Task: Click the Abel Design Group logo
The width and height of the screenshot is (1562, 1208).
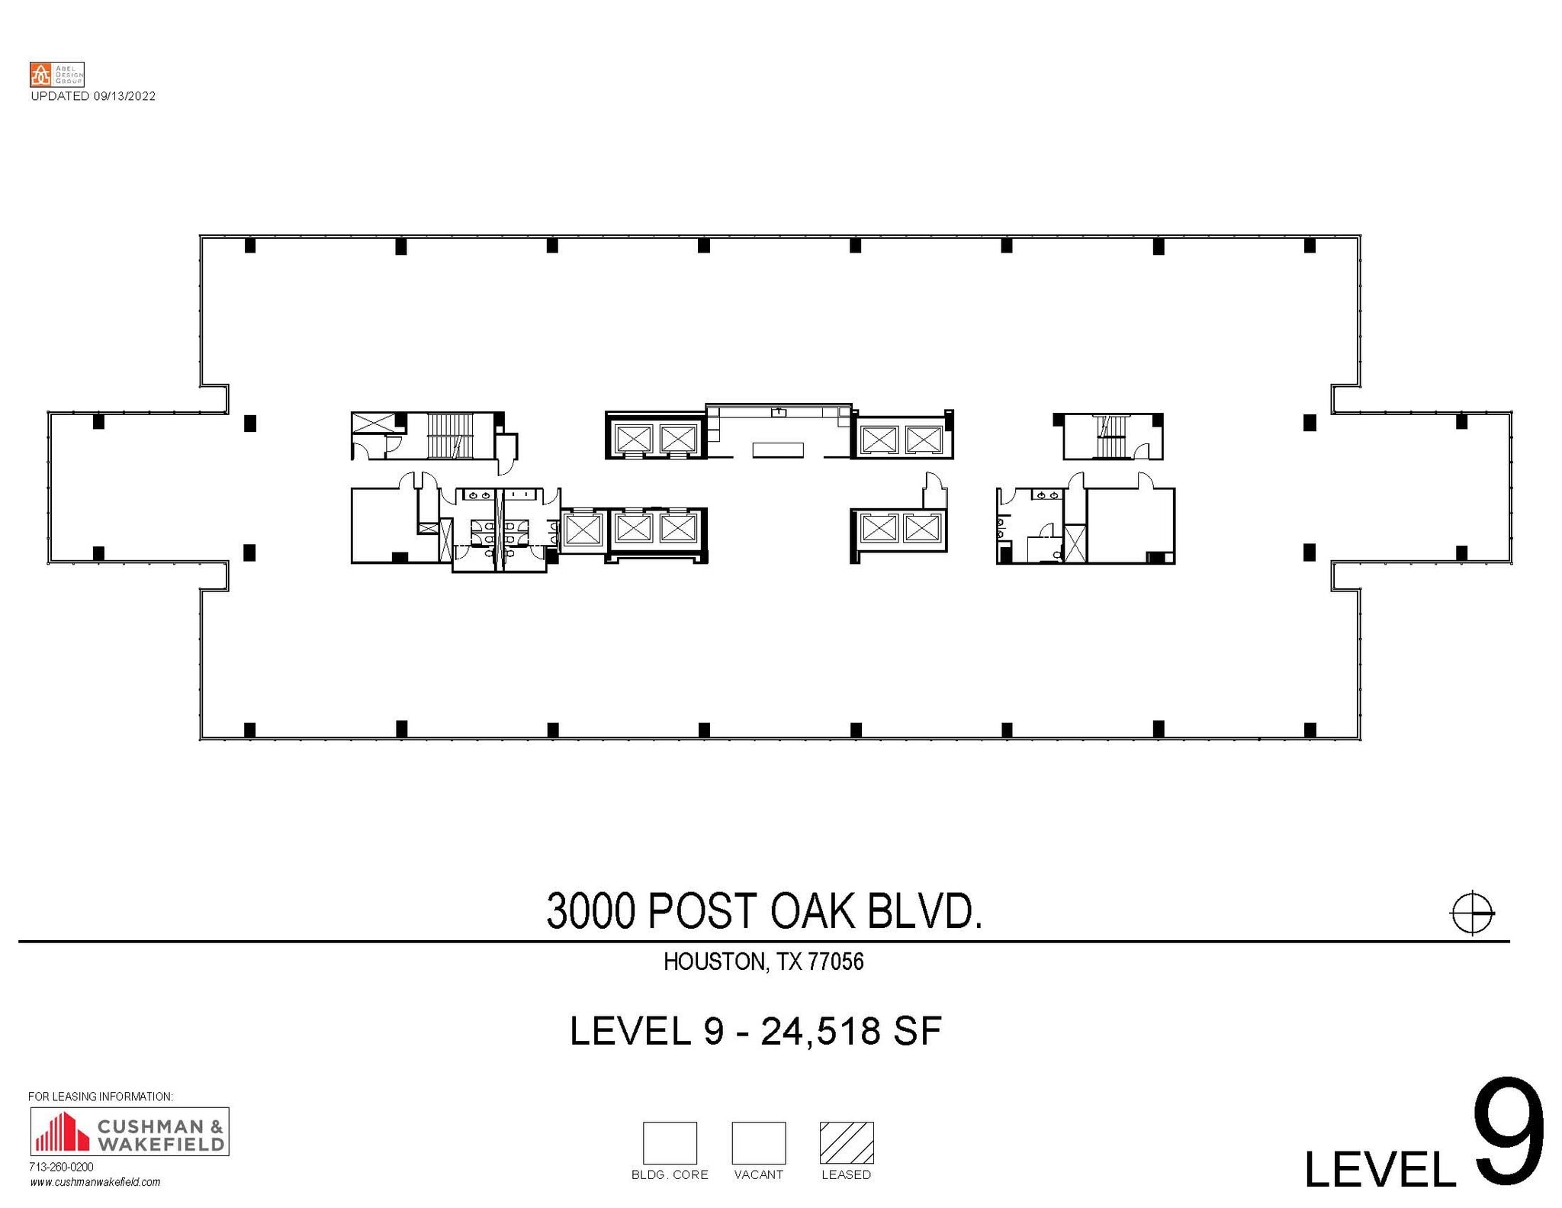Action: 56,75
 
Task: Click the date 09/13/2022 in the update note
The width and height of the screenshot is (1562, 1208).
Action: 124,96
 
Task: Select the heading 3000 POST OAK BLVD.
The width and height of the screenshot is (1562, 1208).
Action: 763,911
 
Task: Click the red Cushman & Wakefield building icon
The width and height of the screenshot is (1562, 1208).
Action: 62,1132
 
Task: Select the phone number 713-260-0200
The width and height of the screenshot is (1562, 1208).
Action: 61,1167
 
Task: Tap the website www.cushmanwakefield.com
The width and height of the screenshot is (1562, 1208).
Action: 95,1182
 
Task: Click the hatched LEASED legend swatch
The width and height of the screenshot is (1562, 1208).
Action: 846,1142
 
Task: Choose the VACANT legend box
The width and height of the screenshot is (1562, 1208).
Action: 758,1142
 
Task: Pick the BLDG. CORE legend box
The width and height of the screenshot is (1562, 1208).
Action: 670,1142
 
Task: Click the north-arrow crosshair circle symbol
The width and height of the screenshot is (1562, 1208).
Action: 1471,912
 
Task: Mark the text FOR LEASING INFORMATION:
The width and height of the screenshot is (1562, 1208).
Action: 101,1097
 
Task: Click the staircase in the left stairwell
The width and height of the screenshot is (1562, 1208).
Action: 450,436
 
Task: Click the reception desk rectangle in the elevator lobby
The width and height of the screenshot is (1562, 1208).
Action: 778,450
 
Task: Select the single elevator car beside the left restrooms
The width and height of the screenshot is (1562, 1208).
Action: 582,529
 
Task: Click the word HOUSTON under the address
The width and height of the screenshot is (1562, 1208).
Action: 713,962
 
